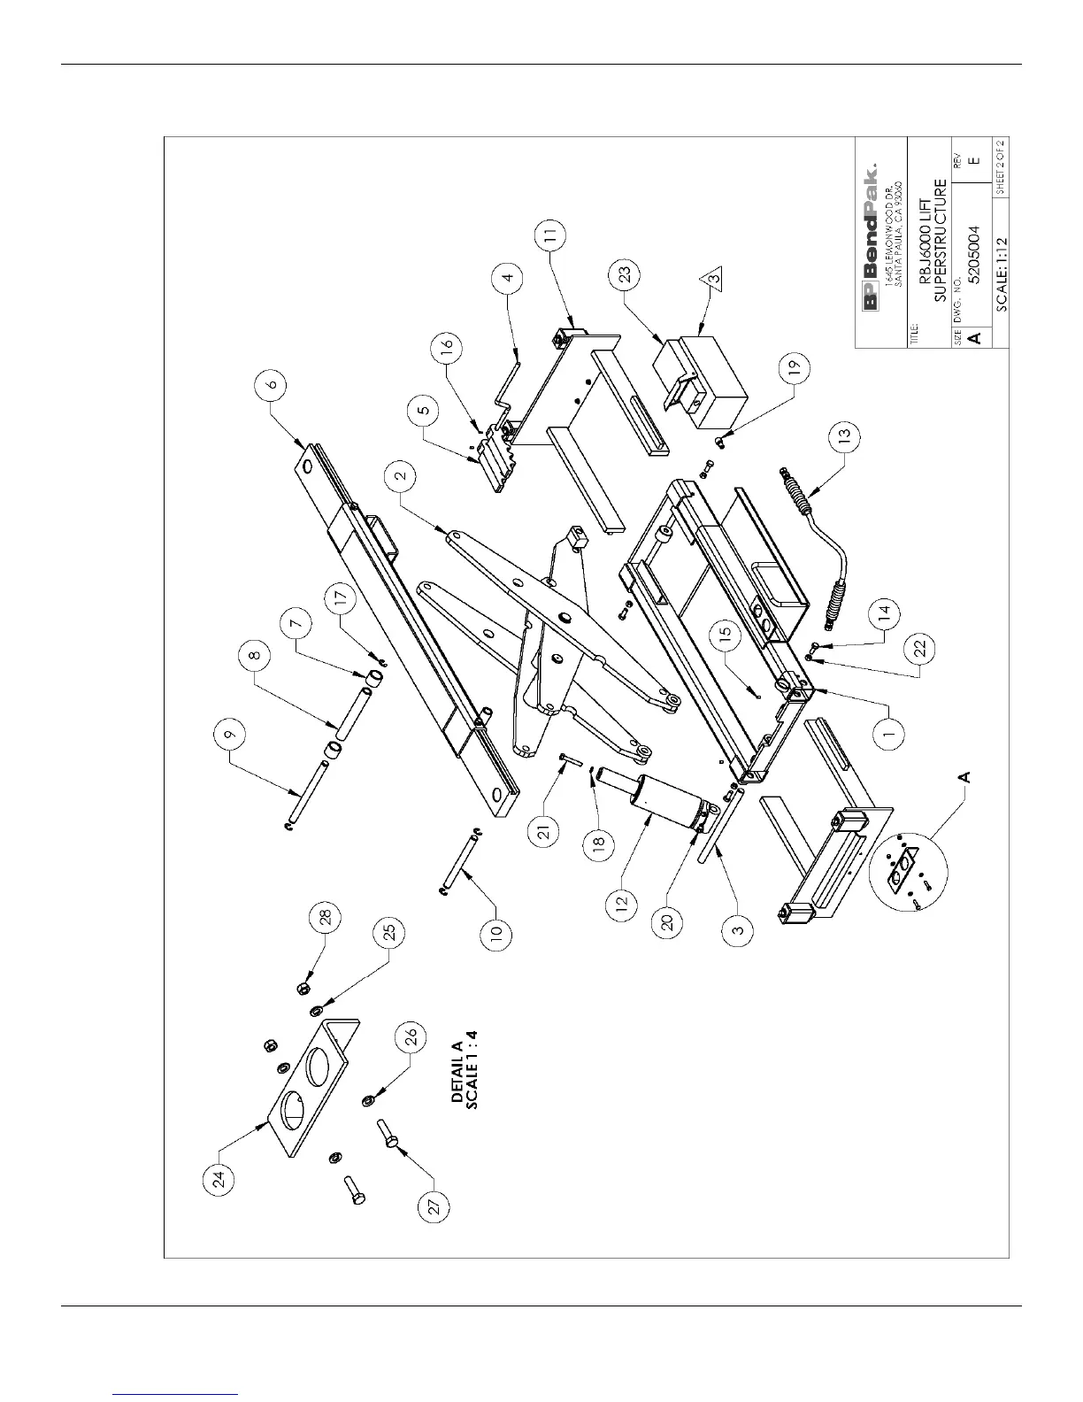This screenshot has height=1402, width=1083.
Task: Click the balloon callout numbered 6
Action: pos(272,384)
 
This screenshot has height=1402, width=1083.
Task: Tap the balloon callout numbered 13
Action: pos(844,435)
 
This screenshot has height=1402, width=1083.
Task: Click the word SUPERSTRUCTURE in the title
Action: pos(941,238)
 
